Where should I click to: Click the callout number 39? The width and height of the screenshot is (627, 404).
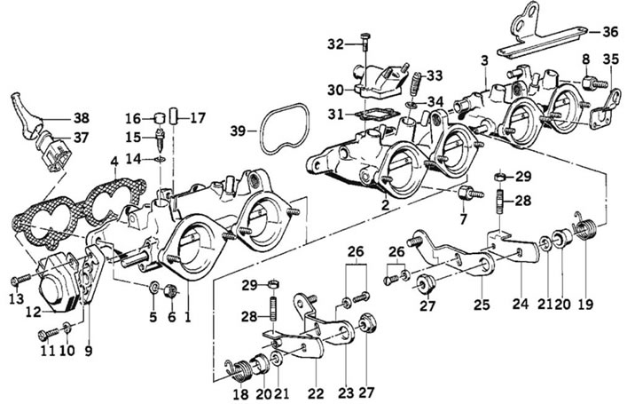click(238, 131)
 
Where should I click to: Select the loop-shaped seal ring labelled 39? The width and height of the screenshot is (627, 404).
click(285, 128)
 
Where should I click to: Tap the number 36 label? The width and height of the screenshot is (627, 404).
click(610, 32)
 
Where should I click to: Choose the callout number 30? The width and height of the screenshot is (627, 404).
click(335, 90)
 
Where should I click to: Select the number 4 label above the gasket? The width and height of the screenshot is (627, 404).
click(114, 162)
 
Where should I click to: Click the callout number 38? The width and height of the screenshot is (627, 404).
click(82, 118)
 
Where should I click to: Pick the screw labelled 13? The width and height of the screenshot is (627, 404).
click(21, 279)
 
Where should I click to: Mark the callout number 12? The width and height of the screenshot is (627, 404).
click(34, 312)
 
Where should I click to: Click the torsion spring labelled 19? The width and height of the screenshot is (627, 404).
click(586, 226)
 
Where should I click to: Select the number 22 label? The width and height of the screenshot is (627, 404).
click(315, 394)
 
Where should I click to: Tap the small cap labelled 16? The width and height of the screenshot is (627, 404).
click(160, 118)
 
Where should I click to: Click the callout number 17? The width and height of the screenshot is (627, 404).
click(198, 118)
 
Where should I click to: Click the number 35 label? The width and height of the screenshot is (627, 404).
click(611, 60)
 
